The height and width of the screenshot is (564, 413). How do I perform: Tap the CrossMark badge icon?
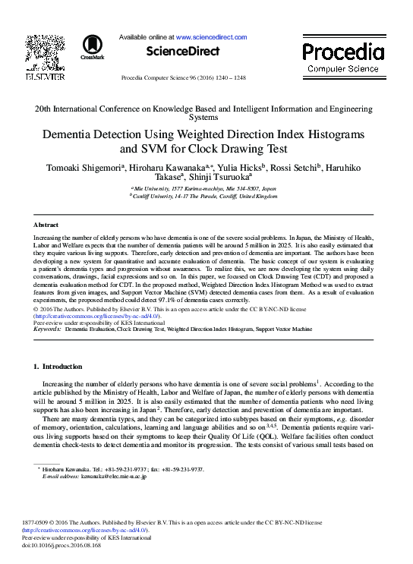92,46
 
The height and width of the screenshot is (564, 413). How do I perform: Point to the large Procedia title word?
343,52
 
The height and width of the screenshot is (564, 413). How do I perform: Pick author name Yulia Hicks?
241,167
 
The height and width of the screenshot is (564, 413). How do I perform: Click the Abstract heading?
46,225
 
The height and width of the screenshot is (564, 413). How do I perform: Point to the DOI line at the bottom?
67,545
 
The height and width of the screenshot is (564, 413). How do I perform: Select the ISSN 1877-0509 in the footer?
48,523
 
